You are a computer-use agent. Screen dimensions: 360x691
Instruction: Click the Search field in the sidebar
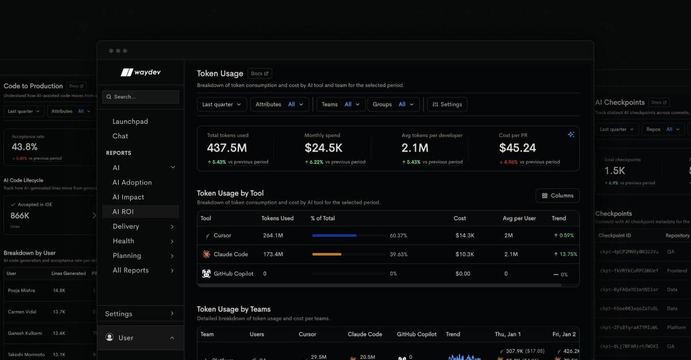[141, 97]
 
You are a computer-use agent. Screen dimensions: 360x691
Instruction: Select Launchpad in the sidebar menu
[130, 122]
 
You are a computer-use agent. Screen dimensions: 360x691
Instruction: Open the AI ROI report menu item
[123, 212]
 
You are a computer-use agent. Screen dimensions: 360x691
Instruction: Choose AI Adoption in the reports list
[132, 183]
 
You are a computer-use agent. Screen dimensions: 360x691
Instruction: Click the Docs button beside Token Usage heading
[260, 74]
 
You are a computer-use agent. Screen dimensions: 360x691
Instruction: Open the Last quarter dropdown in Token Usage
[222, 104]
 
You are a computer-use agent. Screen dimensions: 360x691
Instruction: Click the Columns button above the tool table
[557, 196]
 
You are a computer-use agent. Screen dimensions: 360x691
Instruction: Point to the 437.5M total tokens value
[227, 148]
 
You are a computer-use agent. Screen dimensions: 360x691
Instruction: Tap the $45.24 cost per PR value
[518, 148]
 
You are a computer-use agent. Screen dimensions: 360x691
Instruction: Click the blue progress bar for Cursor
[334, 236]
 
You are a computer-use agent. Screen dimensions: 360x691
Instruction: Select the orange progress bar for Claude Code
[326, 254]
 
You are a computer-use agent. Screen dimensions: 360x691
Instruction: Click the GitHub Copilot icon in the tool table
[206, 274]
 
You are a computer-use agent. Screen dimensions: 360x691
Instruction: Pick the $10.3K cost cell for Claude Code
[464, 254]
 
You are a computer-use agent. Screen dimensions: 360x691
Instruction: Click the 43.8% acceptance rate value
[25, 147]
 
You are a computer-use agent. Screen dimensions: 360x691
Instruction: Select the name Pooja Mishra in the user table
[21, 290]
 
